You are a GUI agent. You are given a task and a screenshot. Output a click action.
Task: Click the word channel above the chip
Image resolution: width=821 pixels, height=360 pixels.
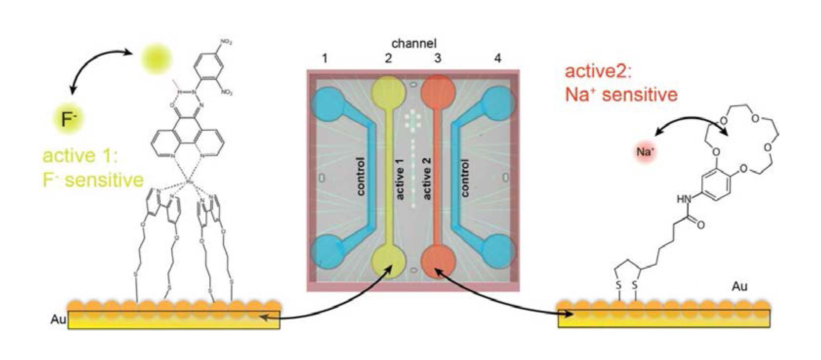coord(414,43)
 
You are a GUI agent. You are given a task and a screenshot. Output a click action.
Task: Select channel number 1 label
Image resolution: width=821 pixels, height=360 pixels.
coord(325,59)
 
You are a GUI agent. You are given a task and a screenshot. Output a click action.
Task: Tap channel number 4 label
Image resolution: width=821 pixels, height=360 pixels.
coord(498,59)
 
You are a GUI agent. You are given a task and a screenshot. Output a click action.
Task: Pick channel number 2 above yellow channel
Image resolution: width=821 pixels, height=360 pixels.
coord(388,59)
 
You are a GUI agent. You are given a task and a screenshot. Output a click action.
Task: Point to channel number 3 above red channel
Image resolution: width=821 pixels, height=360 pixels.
coord(438,59)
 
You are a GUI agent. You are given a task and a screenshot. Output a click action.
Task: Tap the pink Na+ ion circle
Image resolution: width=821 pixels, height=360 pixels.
coord(645,152)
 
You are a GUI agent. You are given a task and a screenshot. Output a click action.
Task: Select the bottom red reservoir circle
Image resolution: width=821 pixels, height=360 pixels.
coord(438,262)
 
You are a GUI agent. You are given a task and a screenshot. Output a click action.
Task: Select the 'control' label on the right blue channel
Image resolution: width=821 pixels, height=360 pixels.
coord(465,178)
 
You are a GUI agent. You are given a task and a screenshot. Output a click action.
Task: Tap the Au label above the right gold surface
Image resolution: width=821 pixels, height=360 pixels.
coord(739,287)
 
